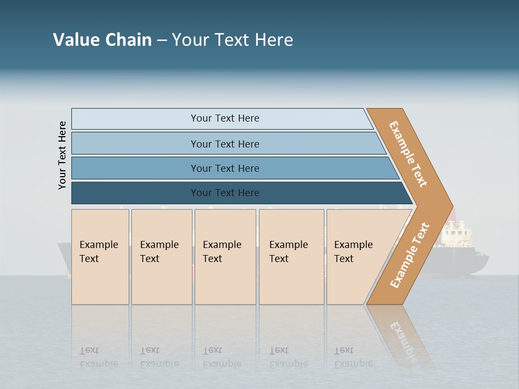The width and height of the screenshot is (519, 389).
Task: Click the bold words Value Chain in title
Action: (x=102, y=40)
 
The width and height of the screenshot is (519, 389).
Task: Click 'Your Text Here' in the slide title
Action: (x=232, y=40)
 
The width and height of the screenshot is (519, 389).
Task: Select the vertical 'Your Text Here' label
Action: (x=63, y=155)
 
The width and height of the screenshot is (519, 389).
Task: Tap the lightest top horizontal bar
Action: (x=224, y=118)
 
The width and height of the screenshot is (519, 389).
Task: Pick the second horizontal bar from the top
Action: (x=225, y=144)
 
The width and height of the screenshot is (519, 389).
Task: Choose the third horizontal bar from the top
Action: (x=225, y=168)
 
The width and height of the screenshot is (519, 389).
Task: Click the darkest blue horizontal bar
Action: (x=225, y=193)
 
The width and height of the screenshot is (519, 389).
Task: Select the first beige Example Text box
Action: (x=100, y=257)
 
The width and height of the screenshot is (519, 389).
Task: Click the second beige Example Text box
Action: (x=161, y=257)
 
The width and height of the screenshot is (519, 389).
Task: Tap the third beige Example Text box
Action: (x=224, y=257)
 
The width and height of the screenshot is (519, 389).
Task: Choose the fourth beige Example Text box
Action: (x=291, y=257)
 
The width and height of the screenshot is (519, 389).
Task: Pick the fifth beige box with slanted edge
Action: (x=357, y=257)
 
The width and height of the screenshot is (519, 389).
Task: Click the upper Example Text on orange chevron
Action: (x=409, y=153)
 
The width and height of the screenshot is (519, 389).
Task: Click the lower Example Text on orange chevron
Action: (x=410, y=255)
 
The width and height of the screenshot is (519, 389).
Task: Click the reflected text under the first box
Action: (x=98, y=357)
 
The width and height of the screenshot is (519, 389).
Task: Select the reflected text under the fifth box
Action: (x=353, y=357)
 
